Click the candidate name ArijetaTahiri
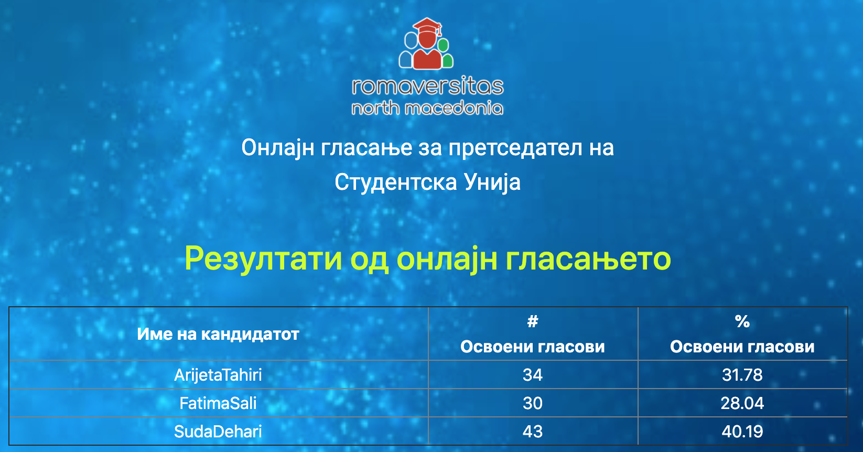pos(218,375)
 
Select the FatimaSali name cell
pos(218,403)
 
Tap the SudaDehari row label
pos(218,431)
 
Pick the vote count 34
pos(533,375)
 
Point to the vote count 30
pos(533,403)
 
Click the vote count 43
pos(533,432)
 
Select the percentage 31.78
pos(742,375)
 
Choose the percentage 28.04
pos(742,403)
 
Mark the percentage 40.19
pos(742,432)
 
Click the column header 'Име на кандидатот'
pos(218,334)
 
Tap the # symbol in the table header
pos(533,321)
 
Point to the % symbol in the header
pos(742,321)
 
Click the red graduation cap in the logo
pos(427,27)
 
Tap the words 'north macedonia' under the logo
pos(427,108)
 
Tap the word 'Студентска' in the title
pos(396,182)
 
